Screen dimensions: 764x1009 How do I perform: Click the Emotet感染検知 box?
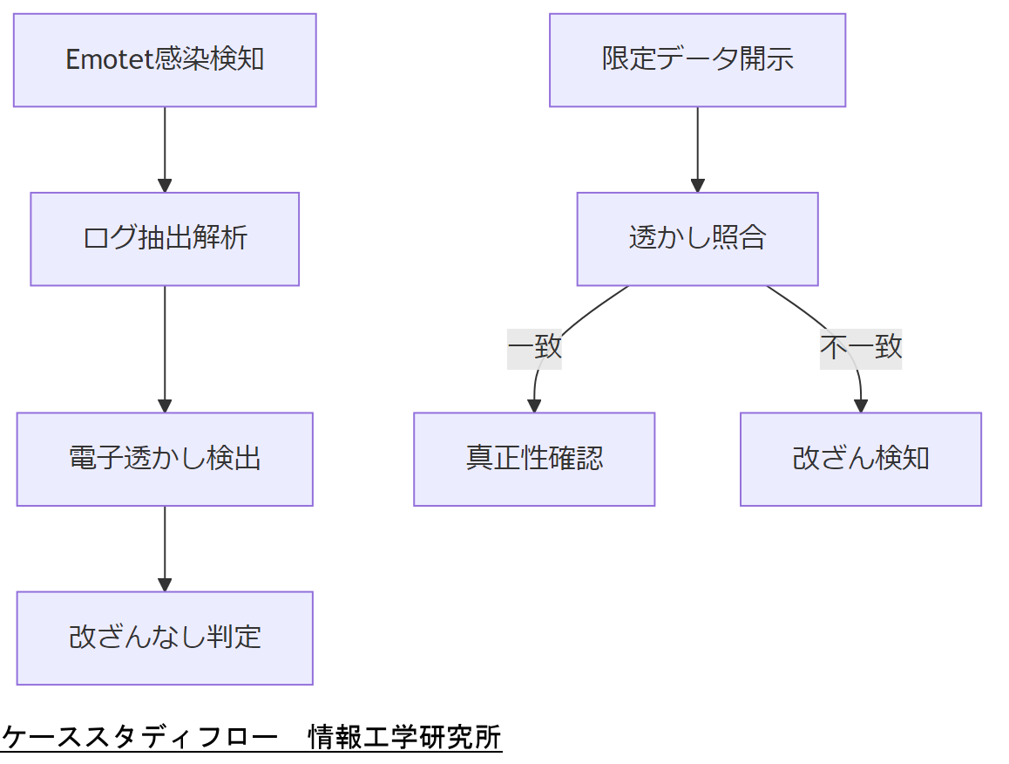click(x=165, y=60)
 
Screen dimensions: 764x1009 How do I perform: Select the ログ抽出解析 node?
click(x=165, y=239)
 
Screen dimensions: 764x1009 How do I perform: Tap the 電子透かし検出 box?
click(x=165, y=459)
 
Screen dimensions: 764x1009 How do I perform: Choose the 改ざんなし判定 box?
click(x=165, y=638)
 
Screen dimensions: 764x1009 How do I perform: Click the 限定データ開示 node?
click(x=697, y=60)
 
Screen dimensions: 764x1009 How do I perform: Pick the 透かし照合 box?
click(x=697, y=239)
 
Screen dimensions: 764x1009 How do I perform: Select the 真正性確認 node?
click(x=534, y=459)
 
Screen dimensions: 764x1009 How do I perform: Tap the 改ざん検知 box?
click(x=861, y=459)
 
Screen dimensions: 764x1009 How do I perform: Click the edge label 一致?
click(x=534, y=347)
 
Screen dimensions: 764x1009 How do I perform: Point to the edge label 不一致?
click(x=861, y=347)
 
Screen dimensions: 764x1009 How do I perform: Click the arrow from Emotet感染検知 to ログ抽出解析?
click(x=165, y=148)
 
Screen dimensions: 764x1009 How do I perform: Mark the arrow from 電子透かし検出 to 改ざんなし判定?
click(x=165, y=548)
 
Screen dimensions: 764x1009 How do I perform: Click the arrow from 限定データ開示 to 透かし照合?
click(x=697, y=148)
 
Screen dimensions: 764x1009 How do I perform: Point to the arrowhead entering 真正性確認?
click(x=534, y=406)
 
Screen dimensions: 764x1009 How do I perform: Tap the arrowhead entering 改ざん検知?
click(x=861, y=406)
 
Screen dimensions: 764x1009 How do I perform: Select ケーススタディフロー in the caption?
click(x=139, y=737)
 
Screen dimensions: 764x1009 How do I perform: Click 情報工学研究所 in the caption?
click(x=405, y=737)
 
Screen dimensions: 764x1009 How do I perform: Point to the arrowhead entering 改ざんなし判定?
click(x=165, y=584)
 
